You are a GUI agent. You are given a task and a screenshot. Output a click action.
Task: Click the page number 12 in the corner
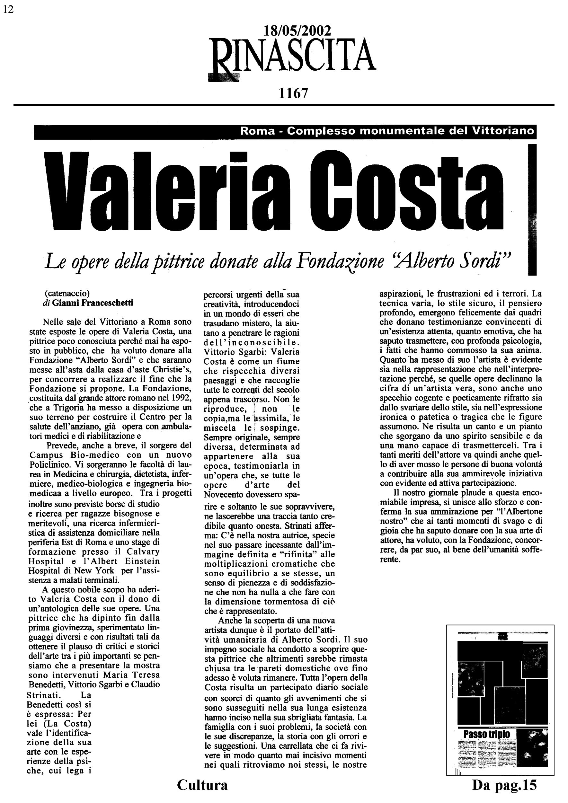(x=8, y=9)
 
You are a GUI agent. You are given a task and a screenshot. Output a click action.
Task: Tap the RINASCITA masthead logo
(x=291, y=59)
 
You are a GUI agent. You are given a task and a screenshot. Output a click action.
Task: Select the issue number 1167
(x=293, y=93)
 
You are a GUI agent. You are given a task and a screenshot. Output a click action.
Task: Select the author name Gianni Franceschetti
(x=93, y=303)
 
